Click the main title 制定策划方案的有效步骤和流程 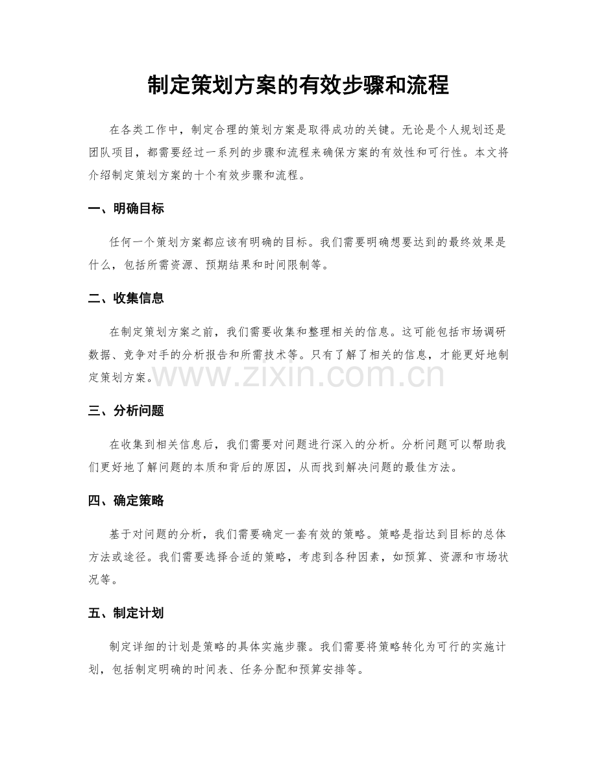tap(298, 85)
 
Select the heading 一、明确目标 tap(126, 209)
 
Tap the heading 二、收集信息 tap(126, 299)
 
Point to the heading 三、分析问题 tap(126, 411)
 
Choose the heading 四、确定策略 tap(126, 500)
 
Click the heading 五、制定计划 tap(126, 613)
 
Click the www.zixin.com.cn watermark tap(298, 376)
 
